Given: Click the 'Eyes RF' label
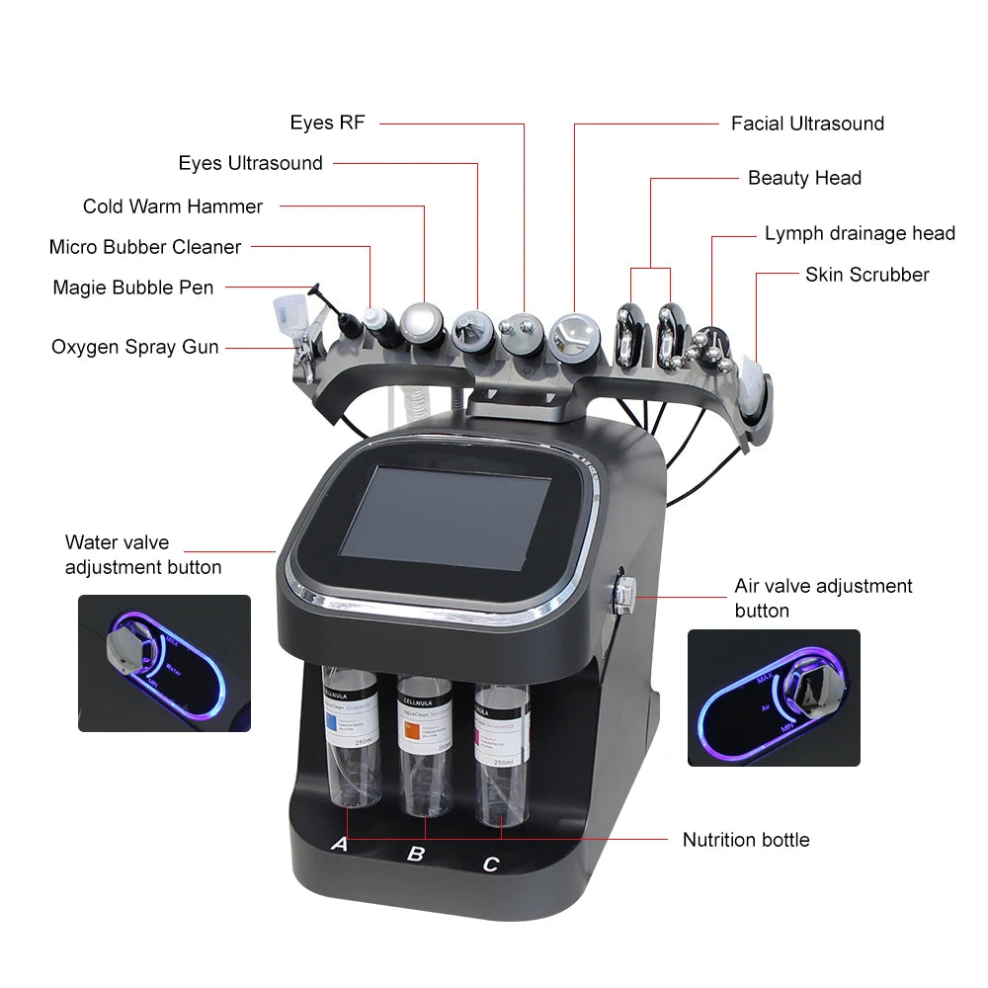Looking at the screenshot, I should (x=327, y=123).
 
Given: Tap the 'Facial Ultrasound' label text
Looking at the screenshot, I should (x=807, y=123).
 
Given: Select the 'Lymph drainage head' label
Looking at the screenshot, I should (x=860, y=233).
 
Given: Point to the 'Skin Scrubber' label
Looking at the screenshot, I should (x=866, y=275).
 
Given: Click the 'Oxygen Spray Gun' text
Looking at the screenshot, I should (x=135, y=347).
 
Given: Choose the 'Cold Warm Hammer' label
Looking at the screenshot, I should (x=173, y=206).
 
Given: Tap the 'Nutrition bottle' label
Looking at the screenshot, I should (x=746, y=840).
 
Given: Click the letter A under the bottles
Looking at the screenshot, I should (x=339, y=844).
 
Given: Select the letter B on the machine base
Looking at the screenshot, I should (x=416, y=853).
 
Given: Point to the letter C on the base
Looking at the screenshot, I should (x=491, y=864).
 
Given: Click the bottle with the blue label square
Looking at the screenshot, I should (x=351, y=736).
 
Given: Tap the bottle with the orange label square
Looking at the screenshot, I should (x=425, y=746).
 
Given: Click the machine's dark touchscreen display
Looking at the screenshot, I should (x=445, y=519).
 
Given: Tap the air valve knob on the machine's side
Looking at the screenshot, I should (x=624, y=593).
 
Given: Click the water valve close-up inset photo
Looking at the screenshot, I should (x=164, y=663).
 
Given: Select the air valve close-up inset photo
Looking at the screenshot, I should (x=774, y=698).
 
